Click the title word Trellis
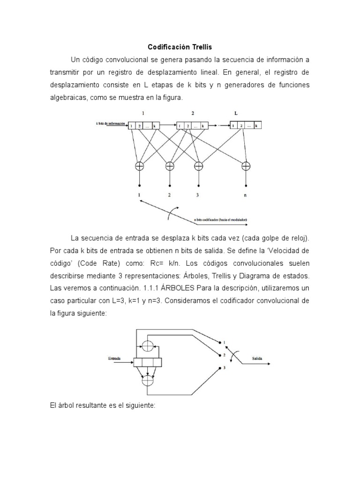click(x=202, y=47)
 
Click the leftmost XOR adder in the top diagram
click(x=140, y=165)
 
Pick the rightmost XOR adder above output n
click(x=245, y=165)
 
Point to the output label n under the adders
click(x=245, y=196)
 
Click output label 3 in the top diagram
click(x=199, y=196)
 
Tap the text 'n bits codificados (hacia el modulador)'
click(x=221, y=219)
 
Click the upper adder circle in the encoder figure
click(x=148, y=346)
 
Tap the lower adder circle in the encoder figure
click(x=148, y=380)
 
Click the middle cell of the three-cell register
click(x=148, y=362)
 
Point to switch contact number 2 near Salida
click(x=224, y=354)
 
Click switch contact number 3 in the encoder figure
click(x=224, y=368)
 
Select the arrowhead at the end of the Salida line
click(x=274, y=363)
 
